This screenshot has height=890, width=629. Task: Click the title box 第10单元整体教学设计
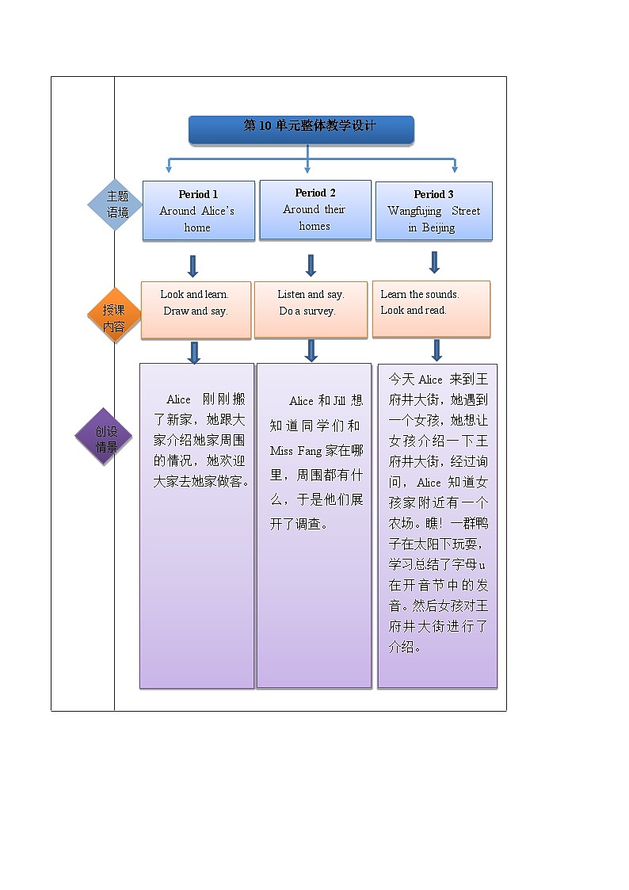click(x=301, y=129)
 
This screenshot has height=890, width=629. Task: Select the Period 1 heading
click(x=198, y=194)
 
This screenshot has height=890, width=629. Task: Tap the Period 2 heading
click(x=315, y=193)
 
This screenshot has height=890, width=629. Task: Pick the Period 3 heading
click(x=433, y=194)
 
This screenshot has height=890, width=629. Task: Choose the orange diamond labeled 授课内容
click(x=114, y=315)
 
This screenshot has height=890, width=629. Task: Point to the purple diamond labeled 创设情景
click(x=104, y=437)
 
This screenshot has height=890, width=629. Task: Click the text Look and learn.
click(x=194, y=295)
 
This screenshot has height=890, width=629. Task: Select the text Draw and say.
click(x=196, y=311)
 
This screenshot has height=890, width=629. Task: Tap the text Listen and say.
click(x=311, y=295)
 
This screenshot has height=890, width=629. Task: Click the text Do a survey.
click(x=307, y=311)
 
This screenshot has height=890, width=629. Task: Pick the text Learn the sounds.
click(x=420, y=295)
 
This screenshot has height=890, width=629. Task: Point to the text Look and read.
click(x=414, y=311)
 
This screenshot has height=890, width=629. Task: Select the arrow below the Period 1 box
click(x=193, y=265)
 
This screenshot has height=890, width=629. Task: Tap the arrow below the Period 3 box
click(x=434, y=262)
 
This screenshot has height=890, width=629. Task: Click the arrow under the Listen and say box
click(x=311, y=350)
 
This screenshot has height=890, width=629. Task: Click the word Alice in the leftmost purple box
click(x=178, y=399)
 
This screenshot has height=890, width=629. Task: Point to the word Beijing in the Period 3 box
click(x=438, y=228)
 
